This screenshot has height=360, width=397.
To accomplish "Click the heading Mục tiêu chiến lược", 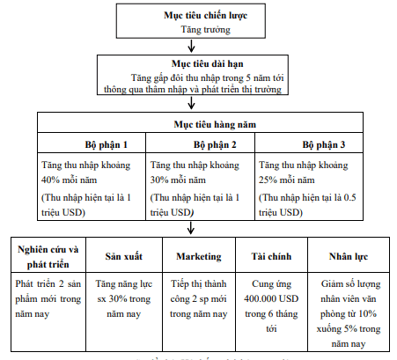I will click(199, 17).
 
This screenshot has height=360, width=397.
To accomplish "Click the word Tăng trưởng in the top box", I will click(199, 29).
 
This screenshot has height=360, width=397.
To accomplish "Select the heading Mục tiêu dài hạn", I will click(199, 65).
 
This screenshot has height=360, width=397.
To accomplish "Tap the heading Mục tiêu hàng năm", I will click(198, 127).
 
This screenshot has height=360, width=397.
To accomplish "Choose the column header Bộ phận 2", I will click(201, 143).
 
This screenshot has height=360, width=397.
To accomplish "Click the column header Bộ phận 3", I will click(309, 143).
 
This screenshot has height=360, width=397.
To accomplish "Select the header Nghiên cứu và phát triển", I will click(48, 254).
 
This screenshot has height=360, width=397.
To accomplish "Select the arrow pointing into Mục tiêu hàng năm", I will click(198, 103).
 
